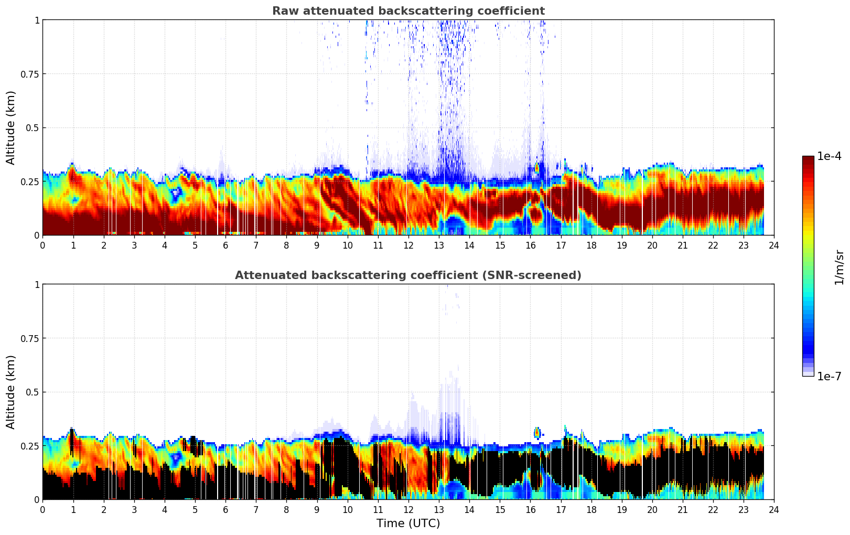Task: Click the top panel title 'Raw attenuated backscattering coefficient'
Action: click(x=408, y=11)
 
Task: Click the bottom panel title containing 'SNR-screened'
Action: click(x=408, y=275)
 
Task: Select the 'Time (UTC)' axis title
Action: click(x=408, y=523)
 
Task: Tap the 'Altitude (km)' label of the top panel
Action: click(x=11, y=127)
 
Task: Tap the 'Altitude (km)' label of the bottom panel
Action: click(x=11, y=392)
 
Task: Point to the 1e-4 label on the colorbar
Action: click(x=829, y=156)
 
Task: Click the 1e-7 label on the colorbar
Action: click(x=829, y=376)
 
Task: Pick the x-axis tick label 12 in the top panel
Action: click(x=408, y=245)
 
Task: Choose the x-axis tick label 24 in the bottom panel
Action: click(x=773, y=509)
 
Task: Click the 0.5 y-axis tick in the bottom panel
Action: click(x=33, y=392)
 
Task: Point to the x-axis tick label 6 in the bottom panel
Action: click(x=225, y=509)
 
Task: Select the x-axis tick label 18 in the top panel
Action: click(x=591, y=245)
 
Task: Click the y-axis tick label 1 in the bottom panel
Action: click(x=37, y=284)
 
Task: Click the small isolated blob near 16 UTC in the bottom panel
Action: click(x=537, y=433)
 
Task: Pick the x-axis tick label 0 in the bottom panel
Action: click(x=42, y=509)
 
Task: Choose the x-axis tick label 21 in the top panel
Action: click(x=682, y=245)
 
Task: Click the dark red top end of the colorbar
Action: click(x=808, y=159)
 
